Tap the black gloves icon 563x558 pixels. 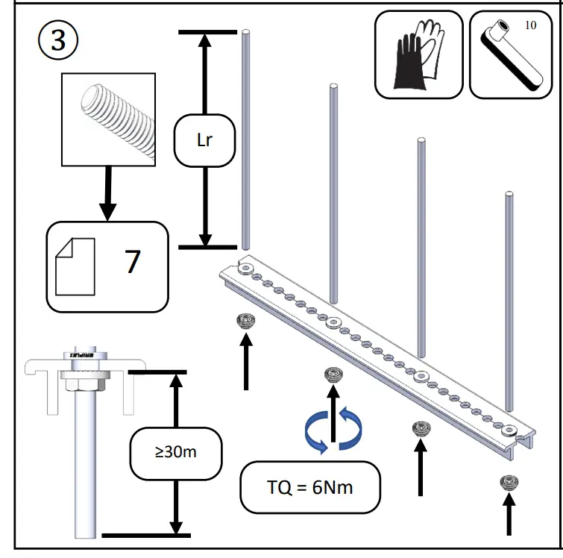click(418, 55)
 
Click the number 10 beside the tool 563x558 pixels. click(530, 25)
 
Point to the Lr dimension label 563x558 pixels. click(205, 139)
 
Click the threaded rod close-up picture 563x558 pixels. click(108, 119)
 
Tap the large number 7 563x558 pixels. click(133, 263)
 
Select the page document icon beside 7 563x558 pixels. click(75, 266)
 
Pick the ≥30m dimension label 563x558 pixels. click(175, 452)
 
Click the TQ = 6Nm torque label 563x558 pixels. click(309, 489)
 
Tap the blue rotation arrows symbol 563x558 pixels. click(333, 430)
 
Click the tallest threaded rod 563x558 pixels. click(245, 134)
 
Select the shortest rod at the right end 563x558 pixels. click(509, 298)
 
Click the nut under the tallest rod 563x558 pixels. click(245, 322)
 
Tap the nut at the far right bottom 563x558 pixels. click(509, 482)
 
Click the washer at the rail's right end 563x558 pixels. click(509, 431)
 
